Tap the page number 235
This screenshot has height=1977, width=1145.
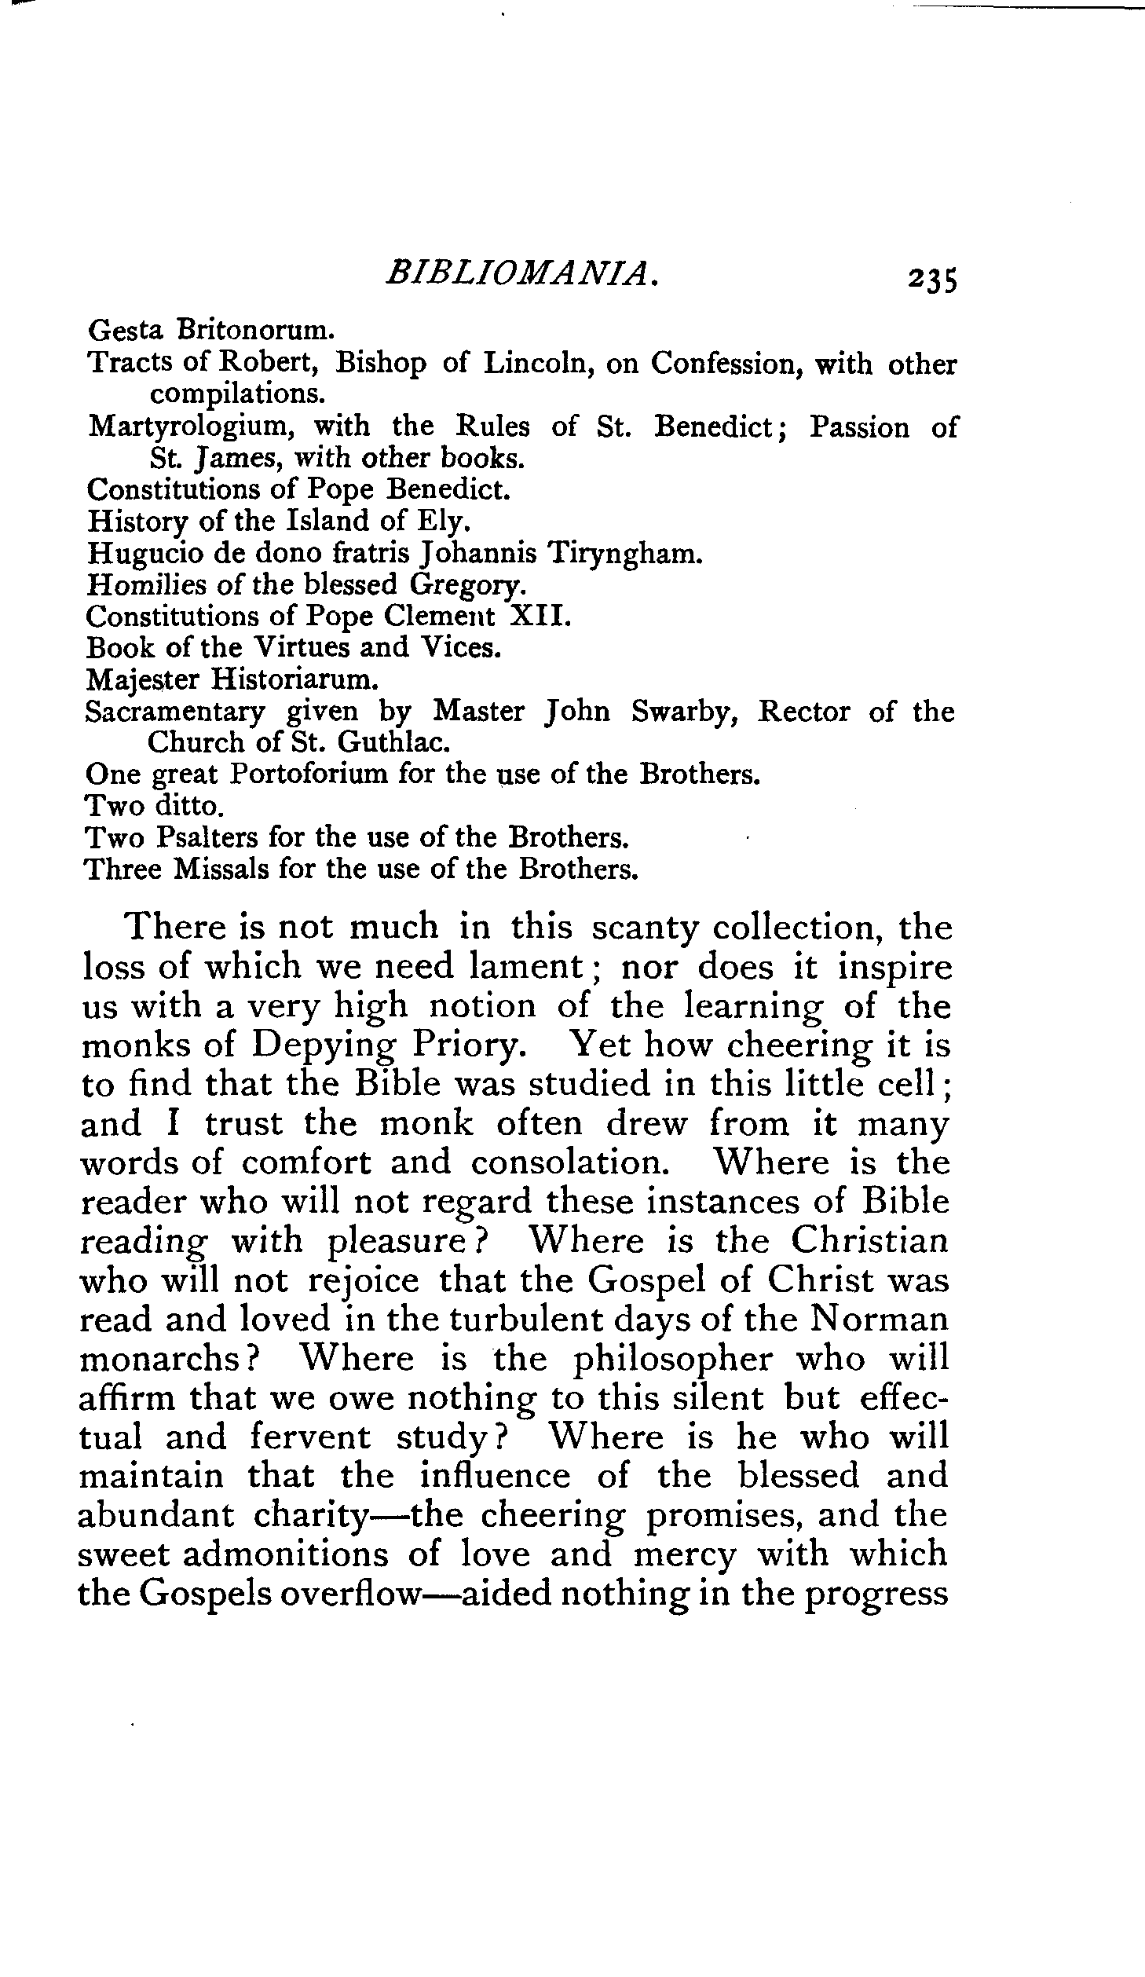932,279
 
